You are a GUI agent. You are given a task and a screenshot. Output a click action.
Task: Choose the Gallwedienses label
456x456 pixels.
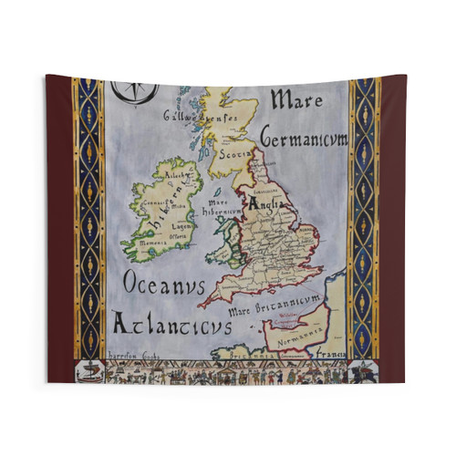click(x=200, y=116)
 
